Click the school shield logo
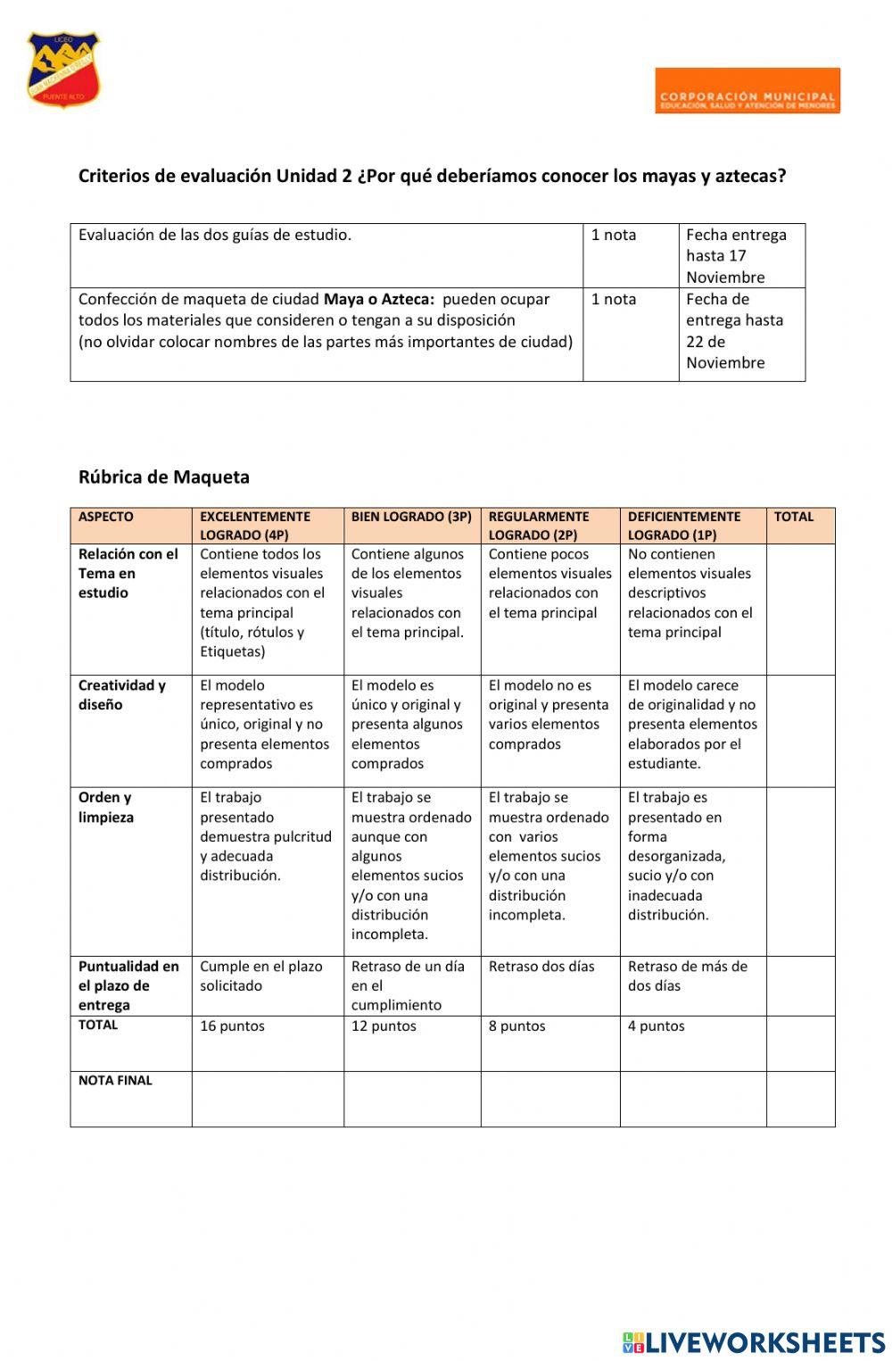click(x=62, y=70)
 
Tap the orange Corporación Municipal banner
click(x=747, y=90)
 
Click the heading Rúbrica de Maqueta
click(x=164, y=477)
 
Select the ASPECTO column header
click(x=105, y=517)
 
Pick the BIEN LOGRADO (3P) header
click(x=411, y=517)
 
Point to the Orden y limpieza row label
click(x=106, y=807)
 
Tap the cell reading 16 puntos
click(x=232, y=1026)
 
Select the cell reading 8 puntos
click(x=516, y=1026)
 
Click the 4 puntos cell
click(x=656, y=1026)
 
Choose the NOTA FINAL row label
click(x=115, y=1081)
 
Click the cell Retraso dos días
click(x=541, y=967)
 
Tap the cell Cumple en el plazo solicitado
click(x=260, y=976)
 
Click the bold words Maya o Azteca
click(x=378, y=300)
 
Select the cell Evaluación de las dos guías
click(x=215, y=236)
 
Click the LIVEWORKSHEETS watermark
click(x=754, y=1343)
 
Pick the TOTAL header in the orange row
click(x=793, y=517)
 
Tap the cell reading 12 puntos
click(x=384, y=1026)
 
